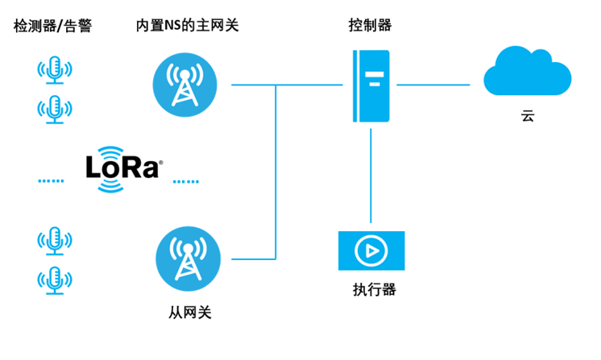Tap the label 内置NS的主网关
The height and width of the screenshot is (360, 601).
click(187, 26)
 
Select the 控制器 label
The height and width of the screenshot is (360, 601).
click(371, 25)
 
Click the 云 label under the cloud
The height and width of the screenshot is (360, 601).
click(527, 117)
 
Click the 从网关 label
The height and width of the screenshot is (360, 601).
click(187, 311)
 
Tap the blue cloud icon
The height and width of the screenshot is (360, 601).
click(527, 72)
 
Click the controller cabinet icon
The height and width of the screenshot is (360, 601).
click(371, 85)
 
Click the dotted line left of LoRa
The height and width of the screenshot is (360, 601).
click(51, 181)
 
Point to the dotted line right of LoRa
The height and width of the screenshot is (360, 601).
click(184, 181)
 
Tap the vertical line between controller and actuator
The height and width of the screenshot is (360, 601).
click(371, 173)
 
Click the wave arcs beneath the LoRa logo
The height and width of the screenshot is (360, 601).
click(111, 185)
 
